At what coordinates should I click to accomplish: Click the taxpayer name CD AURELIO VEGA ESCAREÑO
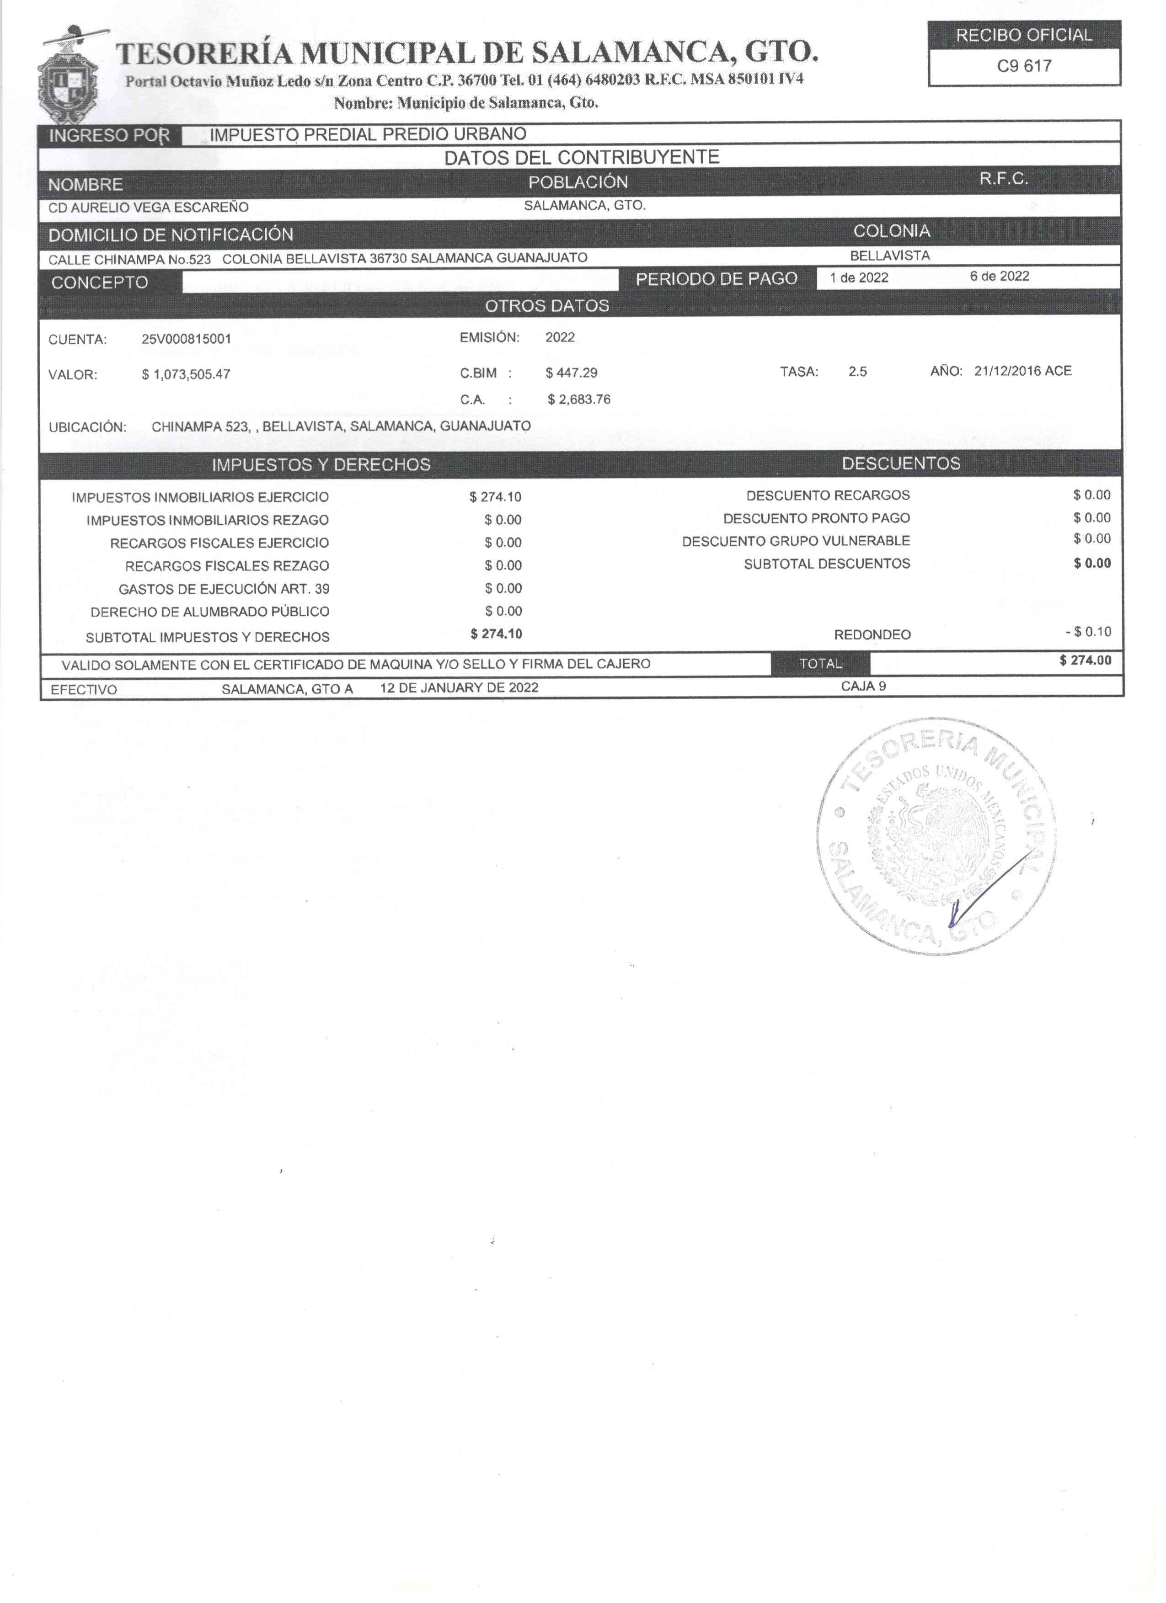(x=149, y=208)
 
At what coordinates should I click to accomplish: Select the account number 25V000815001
(x=186, y=339)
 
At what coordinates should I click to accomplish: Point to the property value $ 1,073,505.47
(x=186, y=375)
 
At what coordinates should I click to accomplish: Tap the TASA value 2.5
(x=858, y=372)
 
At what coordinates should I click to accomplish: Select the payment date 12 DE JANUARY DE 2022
(x=459, y=688)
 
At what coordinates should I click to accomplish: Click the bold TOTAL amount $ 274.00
(x=1086, y=661)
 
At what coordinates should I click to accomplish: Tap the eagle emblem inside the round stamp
(x=937, y=837)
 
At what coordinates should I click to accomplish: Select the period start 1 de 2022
(x=859, y=278)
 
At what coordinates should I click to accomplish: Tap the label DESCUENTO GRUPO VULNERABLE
(x=796, y=541)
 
